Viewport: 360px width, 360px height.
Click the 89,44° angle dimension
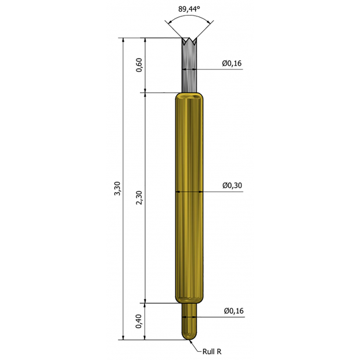pos(189,9)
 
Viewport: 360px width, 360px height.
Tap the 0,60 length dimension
pos(139,65)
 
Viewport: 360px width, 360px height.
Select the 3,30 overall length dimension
pos(117,189)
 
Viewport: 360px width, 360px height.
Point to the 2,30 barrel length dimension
pos(139,197)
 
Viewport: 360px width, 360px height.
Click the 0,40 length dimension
pos(138,321)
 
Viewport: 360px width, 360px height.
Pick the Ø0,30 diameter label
pos(232,185)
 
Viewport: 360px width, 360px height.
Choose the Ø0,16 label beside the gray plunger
pos(232,63)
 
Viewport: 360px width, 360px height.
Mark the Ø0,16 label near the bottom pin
pos(234,311)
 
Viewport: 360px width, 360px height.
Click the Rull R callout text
pos(212,351)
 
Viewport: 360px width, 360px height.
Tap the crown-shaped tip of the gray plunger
pos(189,41)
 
